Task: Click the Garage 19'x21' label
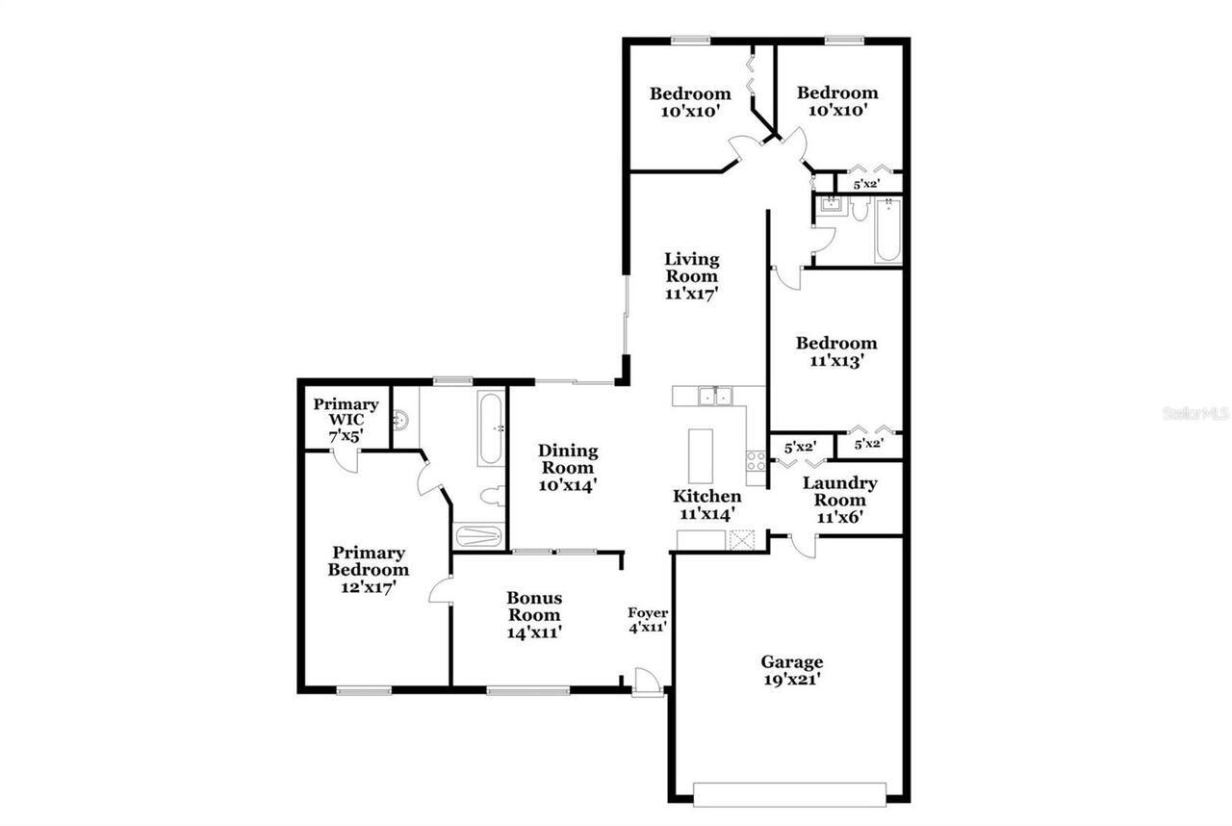(x=791, y=670)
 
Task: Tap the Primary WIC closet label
(x=346, y=420)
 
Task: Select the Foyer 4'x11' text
(x=648, y=620)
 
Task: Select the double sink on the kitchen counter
(x=714, y=395)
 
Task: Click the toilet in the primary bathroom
(x=492, y=497)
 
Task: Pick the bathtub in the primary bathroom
(x=490, y=428)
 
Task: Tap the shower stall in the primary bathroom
(x=477, y=535)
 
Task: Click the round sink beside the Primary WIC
(x=401, y=420)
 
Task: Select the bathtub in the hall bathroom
(x=887, y=230)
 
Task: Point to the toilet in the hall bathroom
(x=860, y=209)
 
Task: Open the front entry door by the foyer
(x=648, y=683)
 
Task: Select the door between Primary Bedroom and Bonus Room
(x=441, y=589)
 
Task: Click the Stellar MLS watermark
(x=1196, y=413)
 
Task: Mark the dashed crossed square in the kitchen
(x=742, y=539)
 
